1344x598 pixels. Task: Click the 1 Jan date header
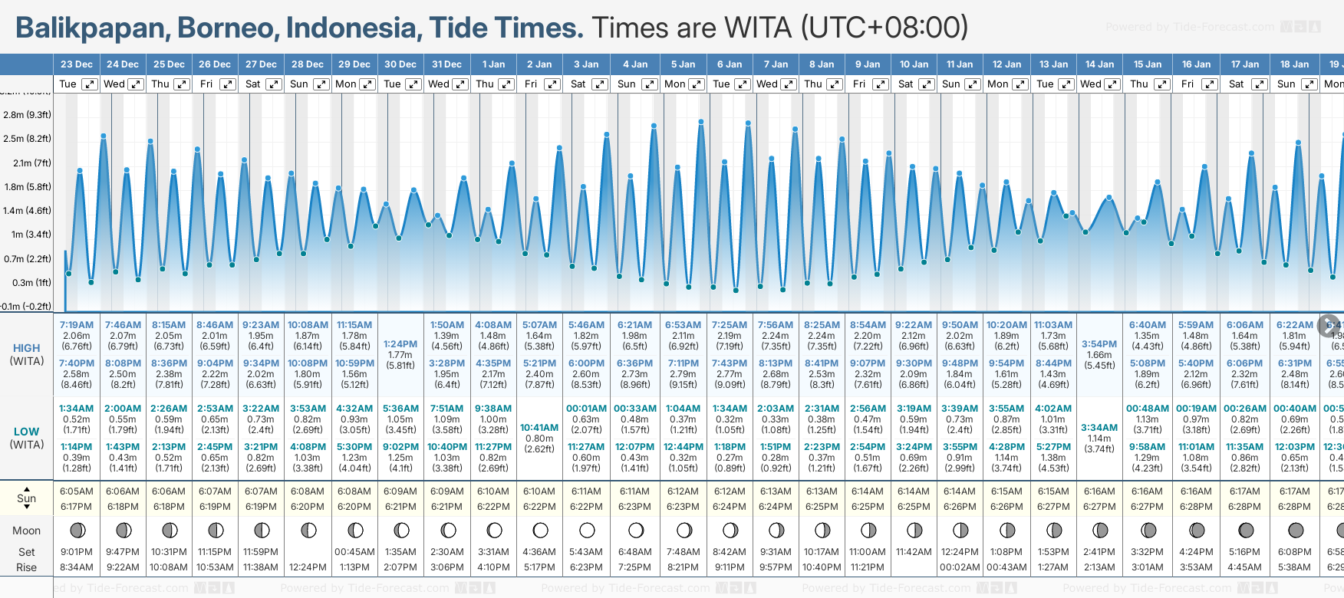(x=493, y=64)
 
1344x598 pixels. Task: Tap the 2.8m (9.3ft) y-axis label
(x=27, y=115)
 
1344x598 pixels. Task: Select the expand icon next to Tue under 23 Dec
(x=90, y=84)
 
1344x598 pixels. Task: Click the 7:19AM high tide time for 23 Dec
(x=77, y=325)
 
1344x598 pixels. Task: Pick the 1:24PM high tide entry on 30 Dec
(x=400, y=344)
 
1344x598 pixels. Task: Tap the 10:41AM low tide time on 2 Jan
(x=539, y=428)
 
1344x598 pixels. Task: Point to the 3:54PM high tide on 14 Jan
(x=1099, y=344)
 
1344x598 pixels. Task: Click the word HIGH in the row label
(x=26, y=348)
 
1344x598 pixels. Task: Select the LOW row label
(x=26, y=432)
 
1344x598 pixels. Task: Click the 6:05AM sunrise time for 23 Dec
(x=77, y=491)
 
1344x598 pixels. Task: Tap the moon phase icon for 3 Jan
(x=587, y=530)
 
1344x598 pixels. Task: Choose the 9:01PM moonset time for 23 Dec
(x=77, y=552)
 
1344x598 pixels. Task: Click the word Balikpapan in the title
(x=93, y=28)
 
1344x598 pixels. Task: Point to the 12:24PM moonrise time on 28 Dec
(x=308, y=567)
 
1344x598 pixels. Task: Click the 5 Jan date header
(x=683, y=64)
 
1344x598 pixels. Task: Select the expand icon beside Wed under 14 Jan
(x=1112, y=84)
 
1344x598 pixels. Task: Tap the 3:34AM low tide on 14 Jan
(x=1099, y=428)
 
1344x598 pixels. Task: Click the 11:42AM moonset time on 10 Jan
(x=914, y=552)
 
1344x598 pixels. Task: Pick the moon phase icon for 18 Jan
(x=1296, y=530)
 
